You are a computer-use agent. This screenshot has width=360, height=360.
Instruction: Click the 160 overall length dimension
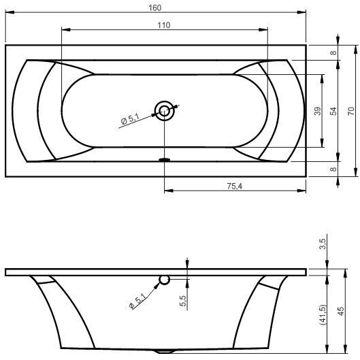155,7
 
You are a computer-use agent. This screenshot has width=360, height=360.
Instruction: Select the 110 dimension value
164,25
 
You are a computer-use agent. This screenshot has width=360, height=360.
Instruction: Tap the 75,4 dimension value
235,186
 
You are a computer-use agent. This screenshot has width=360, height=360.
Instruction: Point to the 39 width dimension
318,111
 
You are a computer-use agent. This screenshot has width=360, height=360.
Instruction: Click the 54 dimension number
333,111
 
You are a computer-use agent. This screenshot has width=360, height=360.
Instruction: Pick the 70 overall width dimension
351,111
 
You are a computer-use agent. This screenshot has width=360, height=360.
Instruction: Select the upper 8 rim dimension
333,52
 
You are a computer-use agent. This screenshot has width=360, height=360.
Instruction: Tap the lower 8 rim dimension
333,169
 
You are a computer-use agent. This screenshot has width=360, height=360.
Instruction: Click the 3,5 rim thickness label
323,244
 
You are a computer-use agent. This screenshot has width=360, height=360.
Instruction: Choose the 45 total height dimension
341,311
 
